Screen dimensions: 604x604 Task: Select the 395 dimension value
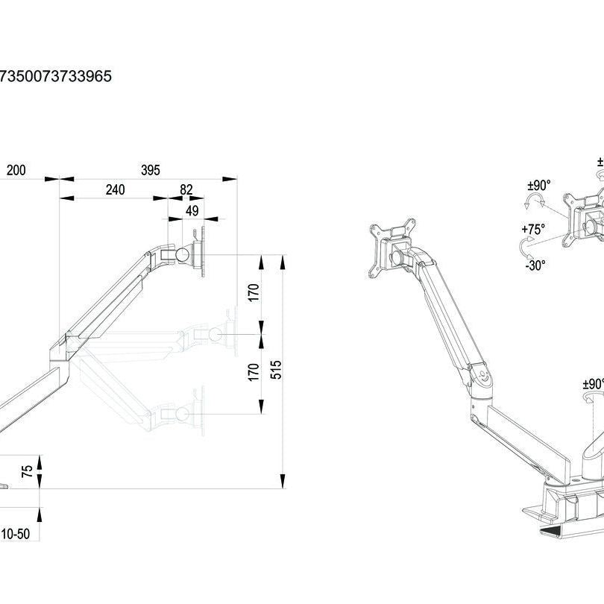(151, 171)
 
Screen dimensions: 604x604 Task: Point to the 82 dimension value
(186, 189)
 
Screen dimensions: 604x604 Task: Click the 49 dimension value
(192, 211)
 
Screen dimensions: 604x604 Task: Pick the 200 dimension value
(16, 171)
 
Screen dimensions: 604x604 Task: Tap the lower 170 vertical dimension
(254, 371)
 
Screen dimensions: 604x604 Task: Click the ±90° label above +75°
(538, 185)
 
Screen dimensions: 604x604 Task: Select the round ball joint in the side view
(181, 253)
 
